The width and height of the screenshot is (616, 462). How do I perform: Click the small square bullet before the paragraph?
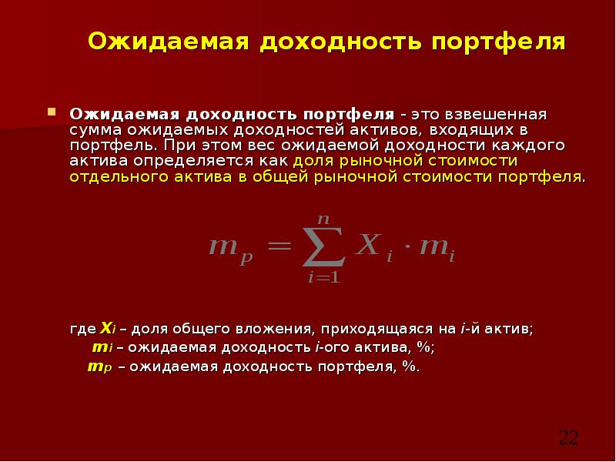[52, 112]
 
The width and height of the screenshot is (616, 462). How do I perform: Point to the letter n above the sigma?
[324, 202]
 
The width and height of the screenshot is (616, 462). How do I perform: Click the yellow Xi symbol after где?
[109, 327]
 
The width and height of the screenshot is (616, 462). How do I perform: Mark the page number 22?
[567, 437]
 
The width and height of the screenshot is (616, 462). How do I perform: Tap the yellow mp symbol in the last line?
[100, 367]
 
